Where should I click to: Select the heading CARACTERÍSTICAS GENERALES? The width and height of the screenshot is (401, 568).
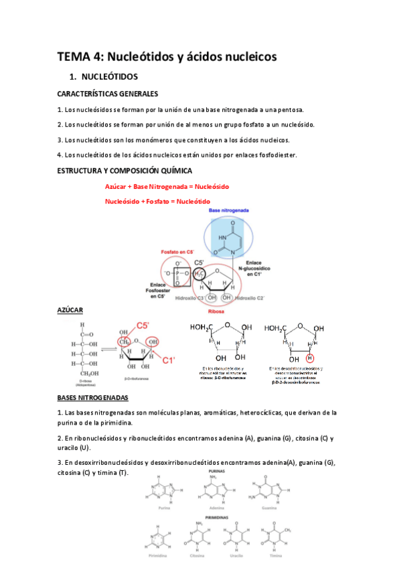tap(107, 94)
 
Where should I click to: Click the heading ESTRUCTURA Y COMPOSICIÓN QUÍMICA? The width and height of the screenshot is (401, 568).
tap(125, 171)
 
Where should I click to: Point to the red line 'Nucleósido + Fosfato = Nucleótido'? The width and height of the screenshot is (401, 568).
tap(157, 201)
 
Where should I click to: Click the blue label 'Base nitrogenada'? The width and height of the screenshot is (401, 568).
tap(230, 210)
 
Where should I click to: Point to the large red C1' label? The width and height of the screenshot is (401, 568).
tap(169, 360)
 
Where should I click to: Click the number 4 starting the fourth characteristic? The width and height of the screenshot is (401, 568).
tap(59, 155)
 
